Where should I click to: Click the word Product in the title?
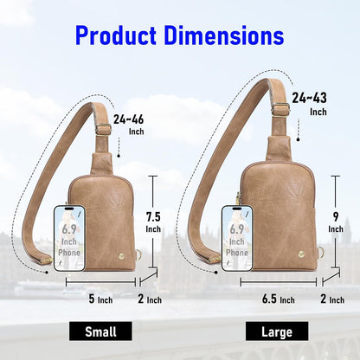click(x=116, y=35)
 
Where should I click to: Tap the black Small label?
click(x=100, y=331)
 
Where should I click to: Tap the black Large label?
click(x=277, y=331)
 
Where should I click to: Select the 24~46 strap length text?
click(x=128, y=119)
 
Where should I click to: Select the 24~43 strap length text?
click(x=309, y=98)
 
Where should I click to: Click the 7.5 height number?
click(x=153, y=216)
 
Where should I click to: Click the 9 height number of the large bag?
click(x=336, y=216)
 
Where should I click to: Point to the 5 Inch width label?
click(x=100, y=299)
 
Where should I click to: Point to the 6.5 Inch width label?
click(x=279, y=299)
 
